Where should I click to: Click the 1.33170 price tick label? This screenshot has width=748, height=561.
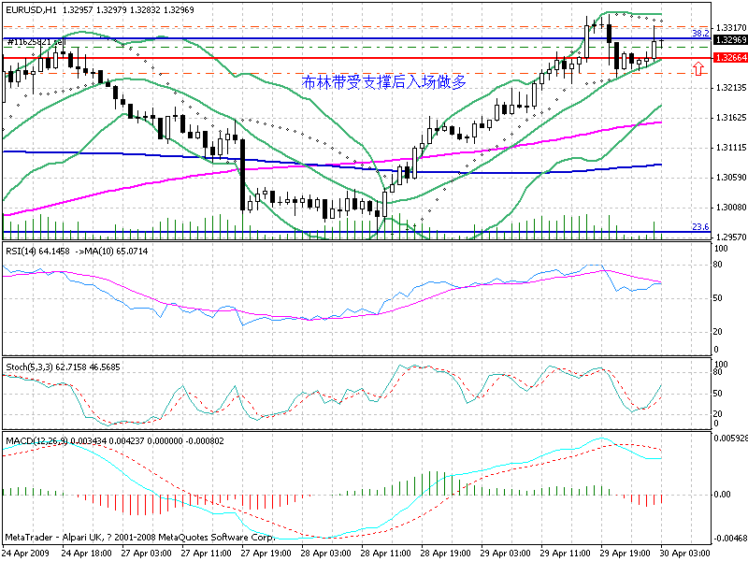[728, 27]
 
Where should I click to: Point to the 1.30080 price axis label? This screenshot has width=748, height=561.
[728, 208]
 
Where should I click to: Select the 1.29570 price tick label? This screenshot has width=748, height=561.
[728, 237]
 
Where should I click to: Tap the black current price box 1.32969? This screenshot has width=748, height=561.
[729, 40]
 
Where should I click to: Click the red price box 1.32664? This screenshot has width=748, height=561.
[729, 58]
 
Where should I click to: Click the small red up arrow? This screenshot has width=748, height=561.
[698, 69]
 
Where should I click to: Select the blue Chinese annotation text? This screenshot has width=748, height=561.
[384, 82]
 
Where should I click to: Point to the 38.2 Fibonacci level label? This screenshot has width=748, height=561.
[698, 34]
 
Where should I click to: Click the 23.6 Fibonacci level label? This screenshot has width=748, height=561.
[698, 227]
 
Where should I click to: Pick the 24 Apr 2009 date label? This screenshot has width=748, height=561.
[26, 554]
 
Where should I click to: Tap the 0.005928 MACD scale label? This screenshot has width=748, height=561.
[728, 438]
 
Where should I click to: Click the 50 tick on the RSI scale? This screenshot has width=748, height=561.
[717, 297]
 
